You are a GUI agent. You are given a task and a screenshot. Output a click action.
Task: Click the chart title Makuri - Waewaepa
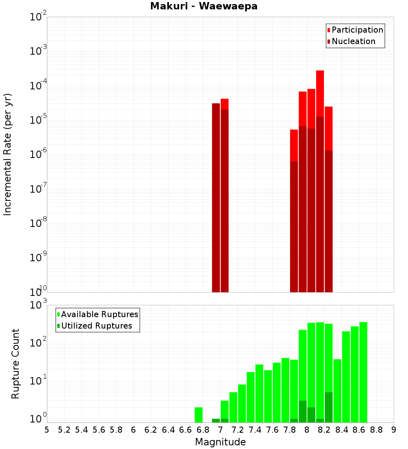point(204,7)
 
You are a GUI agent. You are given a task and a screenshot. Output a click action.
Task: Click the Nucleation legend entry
point(353,41)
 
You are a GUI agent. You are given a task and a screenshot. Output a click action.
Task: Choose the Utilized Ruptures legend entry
point(96,326)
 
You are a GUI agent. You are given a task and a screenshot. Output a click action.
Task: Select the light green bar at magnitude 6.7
point(199,415)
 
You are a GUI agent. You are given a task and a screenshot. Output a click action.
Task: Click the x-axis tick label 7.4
point(255,430)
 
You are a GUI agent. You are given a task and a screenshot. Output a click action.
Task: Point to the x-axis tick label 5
point(47,430)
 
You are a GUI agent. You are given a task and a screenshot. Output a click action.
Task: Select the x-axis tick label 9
point(394,430)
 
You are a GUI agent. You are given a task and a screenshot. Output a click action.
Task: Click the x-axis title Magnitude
point(220,442)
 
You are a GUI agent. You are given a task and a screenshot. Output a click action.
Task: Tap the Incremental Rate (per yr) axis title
point(8,155)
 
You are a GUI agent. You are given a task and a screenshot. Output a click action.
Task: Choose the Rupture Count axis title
point(16,364)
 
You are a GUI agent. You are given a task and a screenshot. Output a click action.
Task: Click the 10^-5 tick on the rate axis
point(38,120)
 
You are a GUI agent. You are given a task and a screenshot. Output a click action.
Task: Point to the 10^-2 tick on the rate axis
point(38,17)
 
